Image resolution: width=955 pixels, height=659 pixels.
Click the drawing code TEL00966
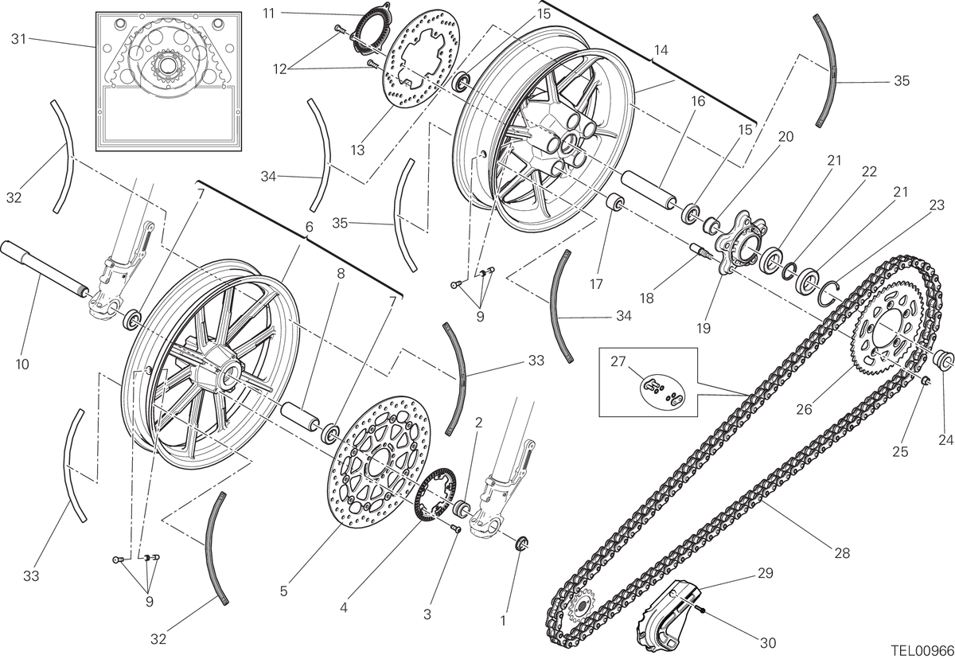click(922, 651)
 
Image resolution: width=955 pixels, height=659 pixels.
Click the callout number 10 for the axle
click(22, 365)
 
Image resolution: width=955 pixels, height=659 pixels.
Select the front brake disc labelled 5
click(380, 463)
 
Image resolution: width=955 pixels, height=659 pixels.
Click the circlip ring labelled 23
click(829, 294)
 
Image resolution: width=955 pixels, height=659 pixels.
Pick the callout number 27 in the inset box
click(618, 361)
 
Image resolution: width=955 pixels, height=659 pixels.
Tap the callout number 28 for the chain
click(842, 553)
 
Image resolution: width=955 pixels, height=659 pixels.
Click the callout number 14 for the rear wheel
click(661, 50)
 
